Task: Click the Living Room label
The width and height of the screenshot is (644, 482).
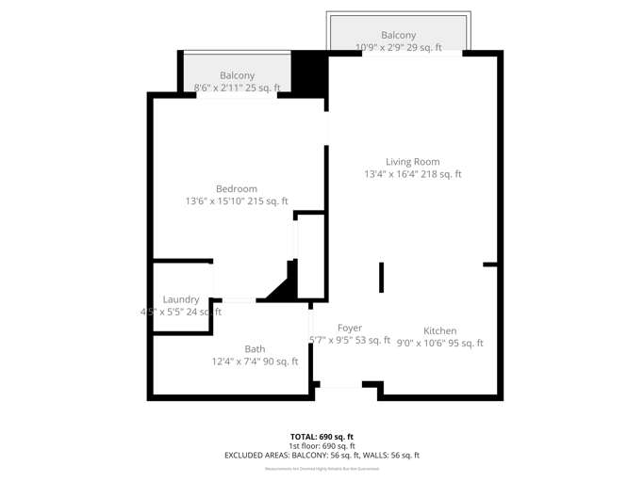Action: (412, 162)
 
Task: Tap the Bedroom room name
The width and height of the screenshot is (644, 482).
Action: (236, 189)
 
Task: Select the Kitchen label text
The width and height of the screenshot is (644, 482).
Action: (439, 331)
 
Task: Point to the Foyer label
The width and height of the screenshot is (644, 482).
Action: (350, 329)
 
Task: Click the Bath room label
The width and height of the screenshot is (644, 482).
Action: (255, 349)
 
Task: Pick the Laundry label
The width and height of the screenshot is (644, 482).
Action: (181, 299)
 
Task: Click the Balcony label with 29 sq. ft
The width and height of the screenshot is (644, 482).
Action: (398, 36)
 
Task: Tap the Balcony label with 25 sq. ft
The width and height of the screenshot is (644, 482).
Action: (237, 76)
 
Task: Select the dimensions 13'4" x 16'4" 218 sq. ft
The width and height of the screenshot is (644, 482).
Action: (413, 174)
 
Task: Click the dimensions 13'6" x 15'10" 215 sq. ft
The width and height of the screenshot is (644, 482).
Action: (237, 201)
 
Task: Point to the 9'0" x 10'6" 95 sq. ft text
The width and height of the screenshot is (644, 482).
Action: (439, 344)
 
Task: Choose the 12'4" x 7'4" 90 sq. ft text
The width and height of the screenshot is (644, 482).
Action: (255, 361)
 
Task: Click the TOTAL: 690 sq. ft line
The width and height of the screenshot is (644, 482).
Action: (322, 437)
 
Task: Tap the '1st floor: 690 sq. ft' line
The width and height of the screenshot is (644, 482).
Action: (322, 446)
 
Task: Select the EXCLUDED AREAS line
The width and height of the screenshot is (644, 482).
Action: (322, 456)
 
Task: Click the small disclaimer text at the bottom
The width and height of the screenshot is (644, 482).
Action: (322, 468)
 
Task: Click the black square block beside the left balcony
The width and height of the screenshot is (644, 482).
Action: (308, 72)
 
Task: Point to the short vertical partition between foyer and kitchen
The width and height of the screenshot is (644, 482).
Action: (382, 278)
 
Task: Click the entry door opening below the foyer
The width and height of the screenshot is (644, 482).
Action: (339, 384)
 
